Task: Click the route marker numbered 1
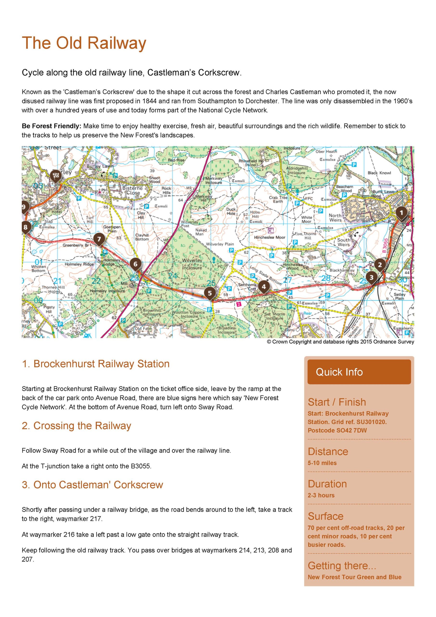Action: tap(401, 213)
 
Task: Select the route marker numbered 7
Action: tap(99, 239)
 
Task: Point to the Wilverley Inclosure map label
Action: tap(192, 264)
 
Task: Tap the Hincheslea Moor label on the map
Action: tap(270, 237)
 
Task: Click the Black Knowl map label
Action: tap(379, 173)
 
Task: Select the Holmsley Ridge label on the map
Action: tap(79, 264)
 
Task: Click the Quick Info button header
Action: tap(359, 372)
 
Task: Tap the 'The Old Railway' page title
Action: tap(84, 43)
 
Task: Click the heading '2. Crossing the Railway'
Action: tap(76, 426)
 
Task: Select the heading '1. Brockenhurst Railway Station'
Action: tap(96, 364)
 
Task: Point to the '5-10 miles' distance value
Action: tap(322, 463)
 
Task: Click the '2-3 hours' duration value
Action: tap(321, 495)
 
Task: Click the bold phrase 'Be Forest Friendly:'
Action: tap(52, 126)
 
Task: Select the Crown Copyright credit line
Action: tap(340, 342)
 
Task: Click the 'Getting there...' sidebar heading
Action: tap(342, 566)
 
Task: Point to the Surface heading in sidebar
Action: tap(325, 516)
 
